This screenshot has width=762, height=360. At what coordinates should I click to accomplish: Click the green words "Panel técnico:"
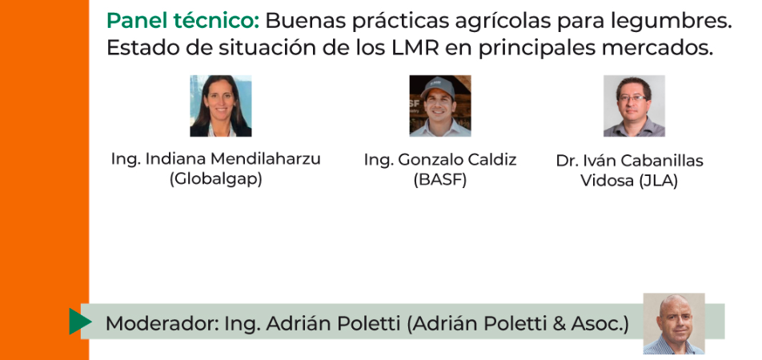[x=183, y=21]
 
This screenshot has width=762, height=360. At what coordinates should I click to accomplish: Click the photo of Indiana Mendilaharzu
[x=221, y=106]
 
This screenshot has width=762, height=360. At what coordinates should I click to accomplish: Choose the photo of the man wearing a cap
[x=439, y=106]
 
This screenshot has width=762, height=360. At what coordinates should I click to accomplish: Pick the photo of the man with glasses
[x=634, y=106]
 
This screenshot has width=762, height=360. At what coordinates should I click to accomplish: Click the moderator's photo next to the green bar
[x=674, y=323]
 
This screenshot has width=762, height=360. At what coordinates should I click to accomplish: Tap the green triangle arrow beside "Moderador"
[x=80, y=321]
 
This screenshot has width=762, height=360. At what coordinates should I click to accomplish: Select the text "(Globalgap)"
[x=216, y=178]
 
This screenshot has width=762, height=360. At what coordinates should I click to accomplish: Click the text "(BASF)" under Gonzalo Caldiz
[x=439, y=179]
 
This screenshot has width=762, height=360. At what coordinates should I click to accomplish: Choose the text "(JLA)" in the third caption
[x=658, y=181]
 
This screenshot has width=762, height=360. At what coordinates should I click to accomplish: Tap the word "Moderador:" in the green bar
[x=162, y=323]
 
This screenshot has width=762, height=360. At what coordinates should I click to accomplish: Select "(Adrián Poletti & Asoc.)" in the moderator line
[x=517, y=323]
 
